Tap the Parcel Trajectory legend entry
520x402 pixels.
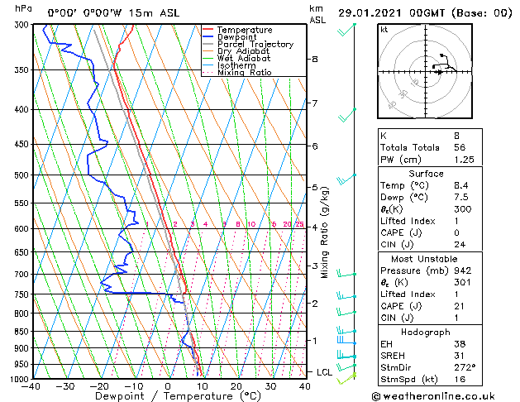(x=255, y=45)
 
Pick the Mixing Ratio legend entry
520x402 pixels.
(x=244, y=73)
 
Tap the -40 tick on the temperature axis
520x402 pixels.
(x=32, y=386)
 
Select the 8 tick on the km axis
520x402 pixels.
(x=315, y=60)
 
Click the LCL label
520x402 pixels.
(x=324, y=372)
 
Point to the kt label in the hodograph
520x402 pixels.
(x=384, y=30)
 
